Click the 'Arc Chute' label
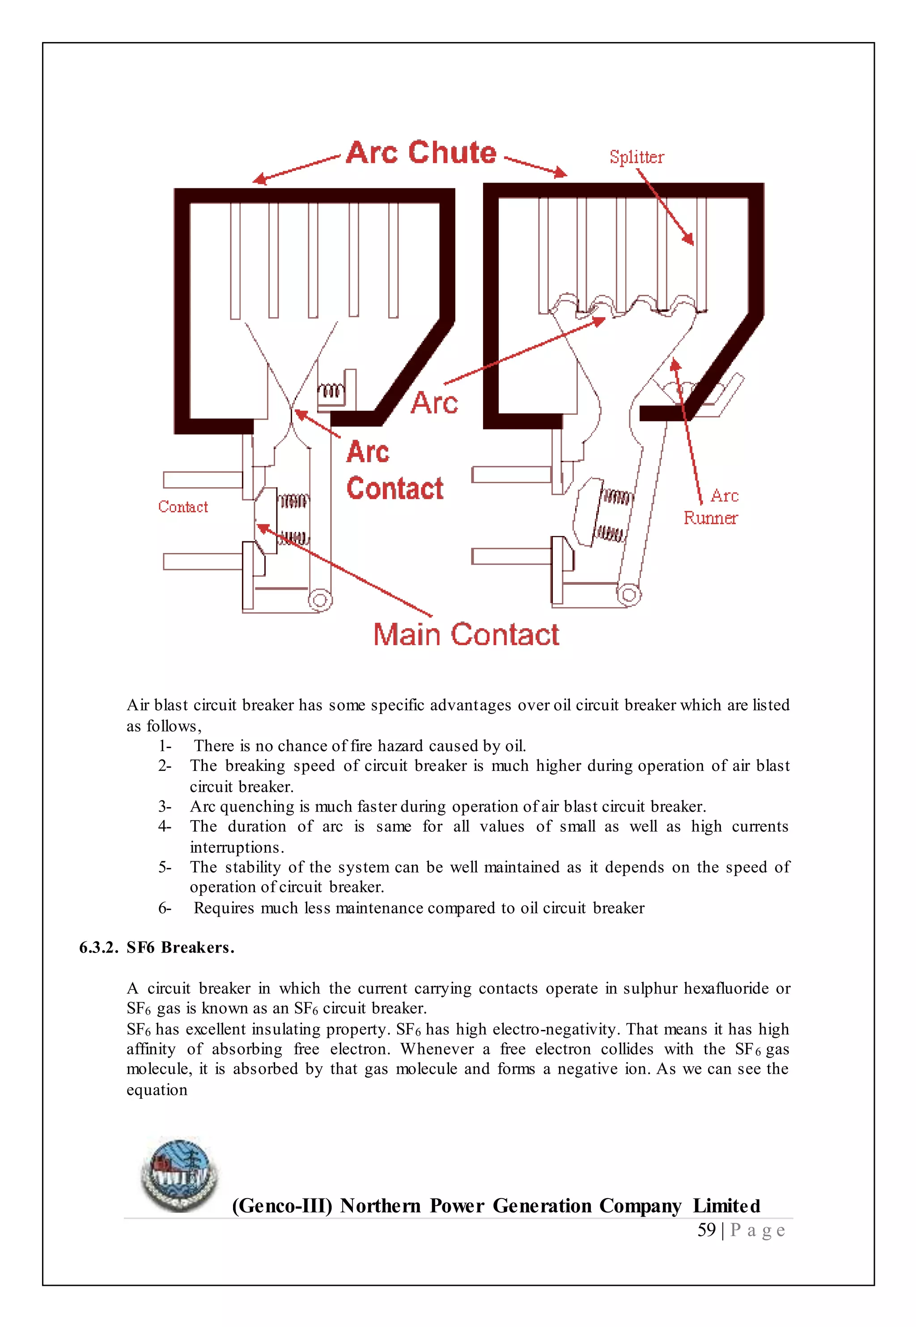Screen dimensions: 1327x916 421,153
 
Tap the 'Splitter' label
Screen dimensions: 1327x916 636,157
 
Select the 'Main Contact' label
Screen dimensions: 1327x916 466,635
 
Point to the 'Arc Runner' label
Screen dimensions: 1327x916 712,507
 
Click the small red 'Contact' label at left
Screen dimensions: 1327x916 183,507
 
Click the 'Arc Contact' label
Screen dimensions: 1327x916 394,471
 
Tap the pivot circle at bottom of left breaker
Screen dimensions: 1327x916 320,600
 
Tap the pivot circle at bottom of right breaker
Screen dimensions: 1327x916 629,594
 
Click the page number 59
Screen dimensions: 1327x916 707,1230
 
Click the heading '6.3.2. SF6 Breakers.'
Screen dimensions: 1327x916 157,948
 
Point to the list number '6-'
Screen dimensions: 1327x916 165,909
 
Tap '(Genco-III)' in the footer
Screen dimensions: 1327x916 282,1206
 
